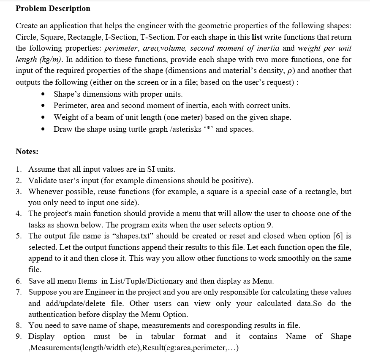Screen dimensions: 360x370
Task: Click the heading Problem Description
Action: click(53, 8)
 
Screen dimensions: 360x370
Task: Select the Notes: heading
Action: click(27, 151)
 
